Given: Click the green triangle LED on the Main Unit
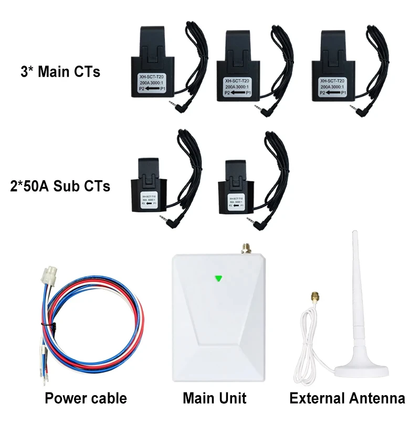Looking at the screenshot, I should [x=218, y=279].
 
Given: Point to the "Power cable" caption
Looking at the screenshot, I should [x=86, y=398].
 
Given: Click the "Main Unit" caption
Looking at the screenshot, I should [x=214, y=398].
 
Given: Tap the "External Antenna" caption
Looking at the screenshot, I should [x=347, y=398].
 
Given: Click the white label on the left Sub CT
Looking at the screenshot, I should [x=149, y=202].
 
